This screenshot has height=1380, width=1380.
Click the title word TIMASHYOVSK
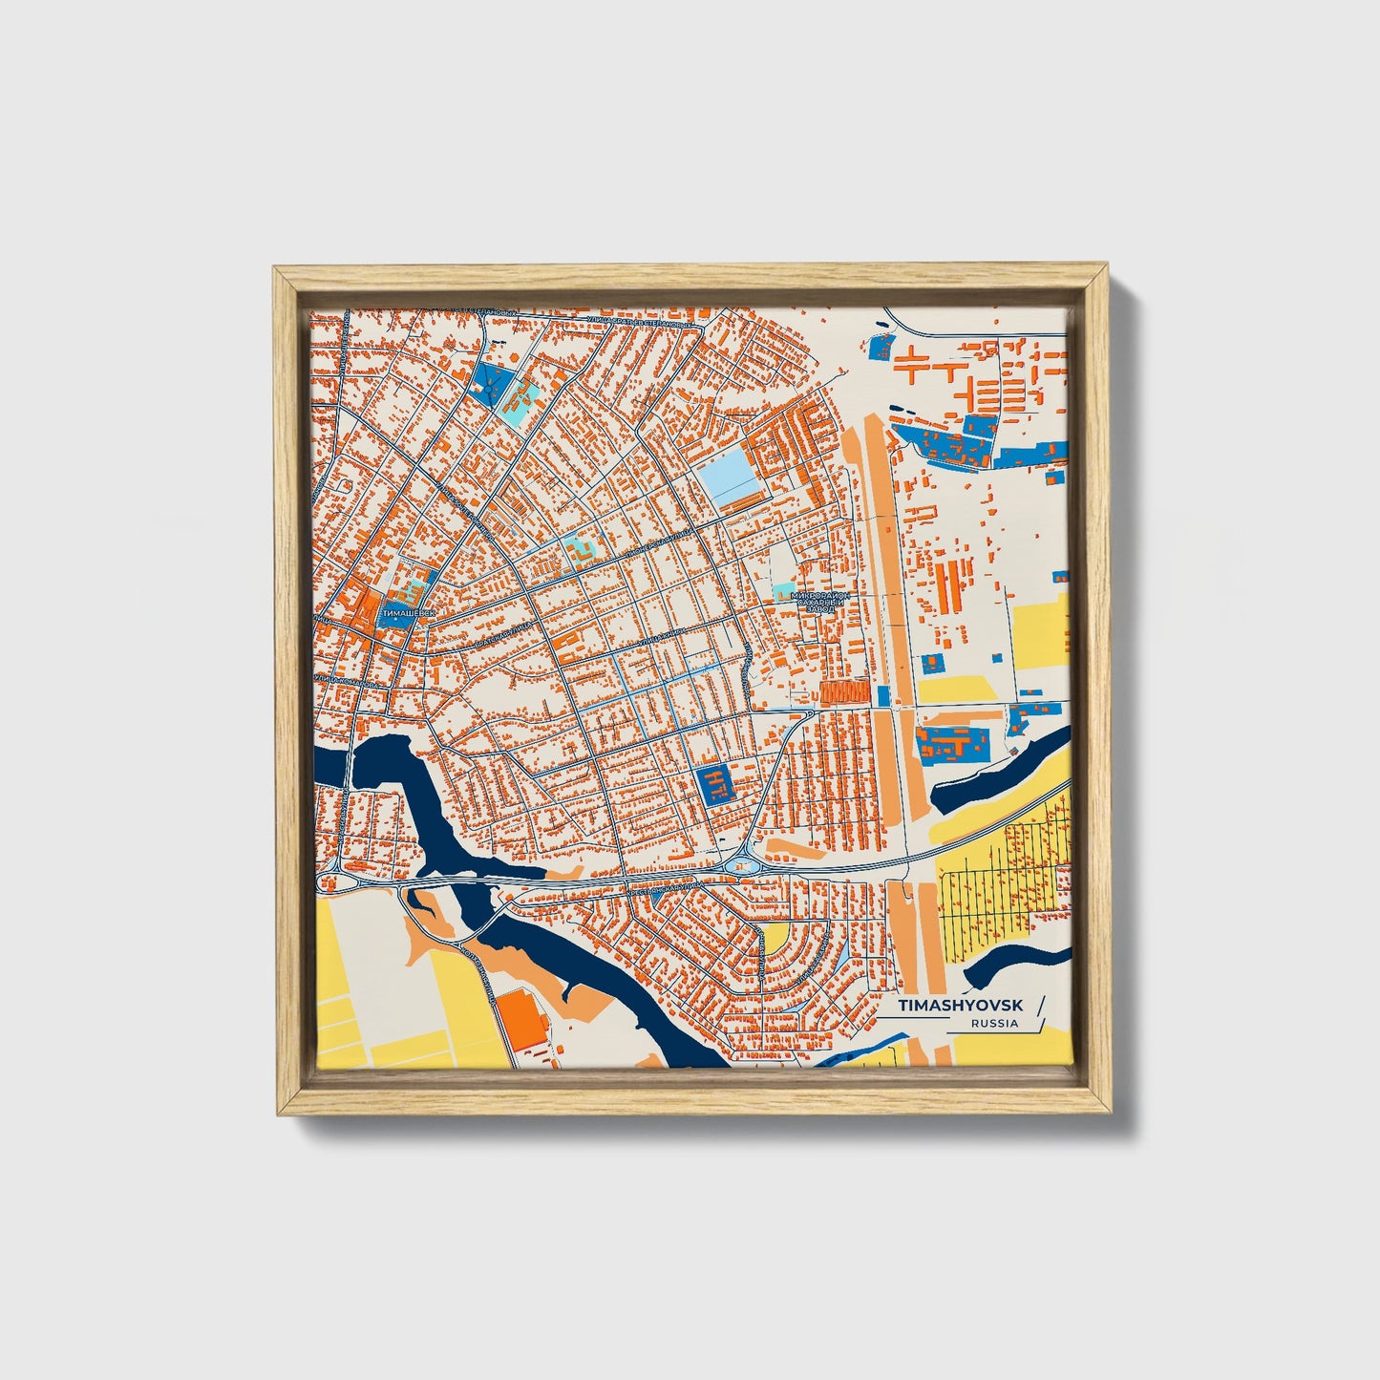[960, 1006]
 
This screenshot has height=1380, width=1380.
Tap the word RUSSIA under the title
[994, 1024]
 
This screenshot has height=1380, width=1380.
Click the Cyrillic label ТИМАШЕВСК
[408, 611]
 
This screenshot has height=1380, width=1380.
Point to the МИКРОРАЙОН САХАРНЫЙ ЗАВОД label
[819, 601]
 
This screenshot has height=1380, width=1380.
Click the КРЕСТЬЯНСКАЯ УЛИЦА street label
[659, 887]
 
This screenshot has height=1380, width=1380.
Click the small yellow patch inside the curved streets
[775, 936]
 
